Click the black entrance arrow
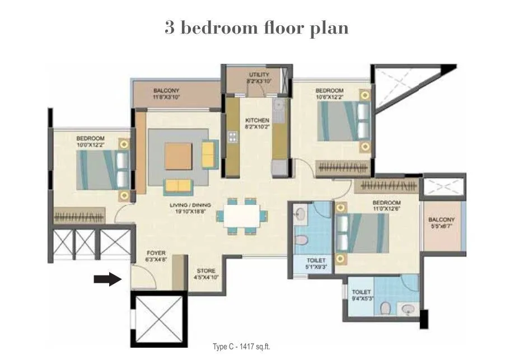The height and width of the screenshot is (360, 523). coord(108,278)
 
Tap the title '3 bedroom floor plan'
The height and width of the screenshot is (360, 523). coord(256,27)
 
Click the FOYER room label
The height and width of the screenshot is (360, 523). coord(156,256)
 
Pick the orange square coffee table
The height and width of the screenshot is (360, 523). coord(179,155)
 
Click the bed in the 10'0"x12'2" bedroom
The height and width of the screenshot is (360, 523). coord(103,169)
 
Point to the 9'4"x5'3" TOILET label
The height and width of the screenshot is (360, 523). coord(361,295)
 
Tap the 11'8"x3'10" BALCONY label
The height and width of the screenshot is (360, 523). coord(166,93)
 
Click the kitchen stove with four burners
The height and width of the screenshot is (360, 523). coord(231,137)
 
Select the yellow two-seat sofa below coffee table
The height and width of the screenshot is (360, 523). coord(179,186)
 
